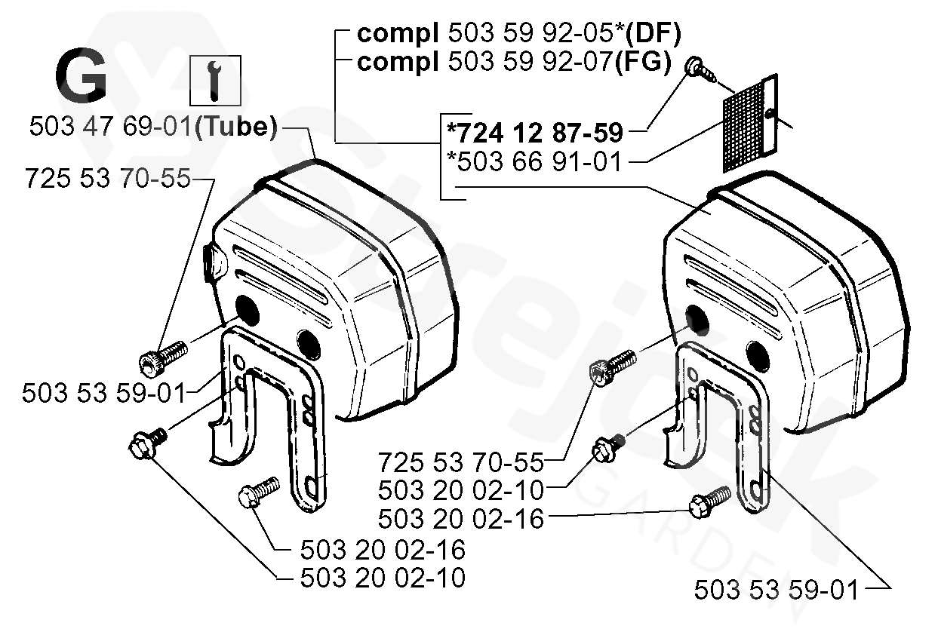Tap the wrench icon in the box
tap(214, 81)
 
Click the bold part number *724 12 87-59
tap(535, 133)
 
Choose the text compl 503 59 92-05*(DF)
tap(518, 33)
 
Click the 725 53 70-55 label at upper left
tap(106, 179)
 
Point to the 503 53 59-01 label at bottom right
tap(777, 590)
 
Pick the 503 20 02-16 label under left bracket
tap(383, 549)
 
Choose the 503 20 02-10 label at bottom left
tap(383, 578)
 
